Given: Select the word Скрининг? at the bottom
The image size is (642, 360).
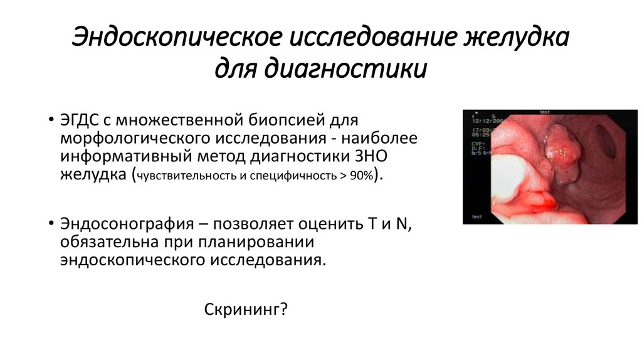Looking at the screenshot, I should pos(246,309).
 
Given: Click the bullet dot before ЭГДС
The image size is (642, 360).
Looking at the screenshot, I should pos(50,119).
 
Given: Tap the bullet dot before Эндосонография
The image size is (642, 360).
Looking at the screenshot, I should pos(50,224).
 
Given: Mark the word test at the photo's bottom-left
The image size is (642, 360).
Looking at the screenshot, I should pos(477,216).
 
